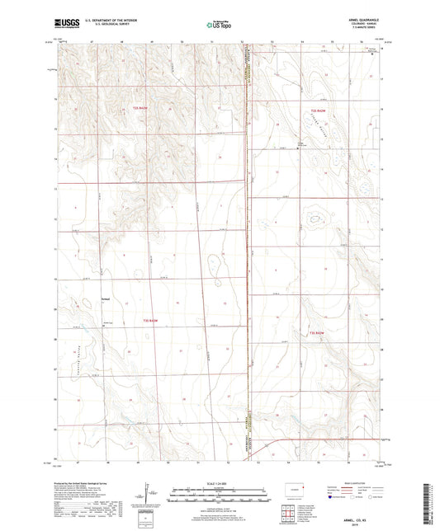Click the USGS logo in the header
pyautogui.click(x=64, y=25)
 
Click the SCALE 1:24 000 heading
pyautogui.click(x=220, y=483)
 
